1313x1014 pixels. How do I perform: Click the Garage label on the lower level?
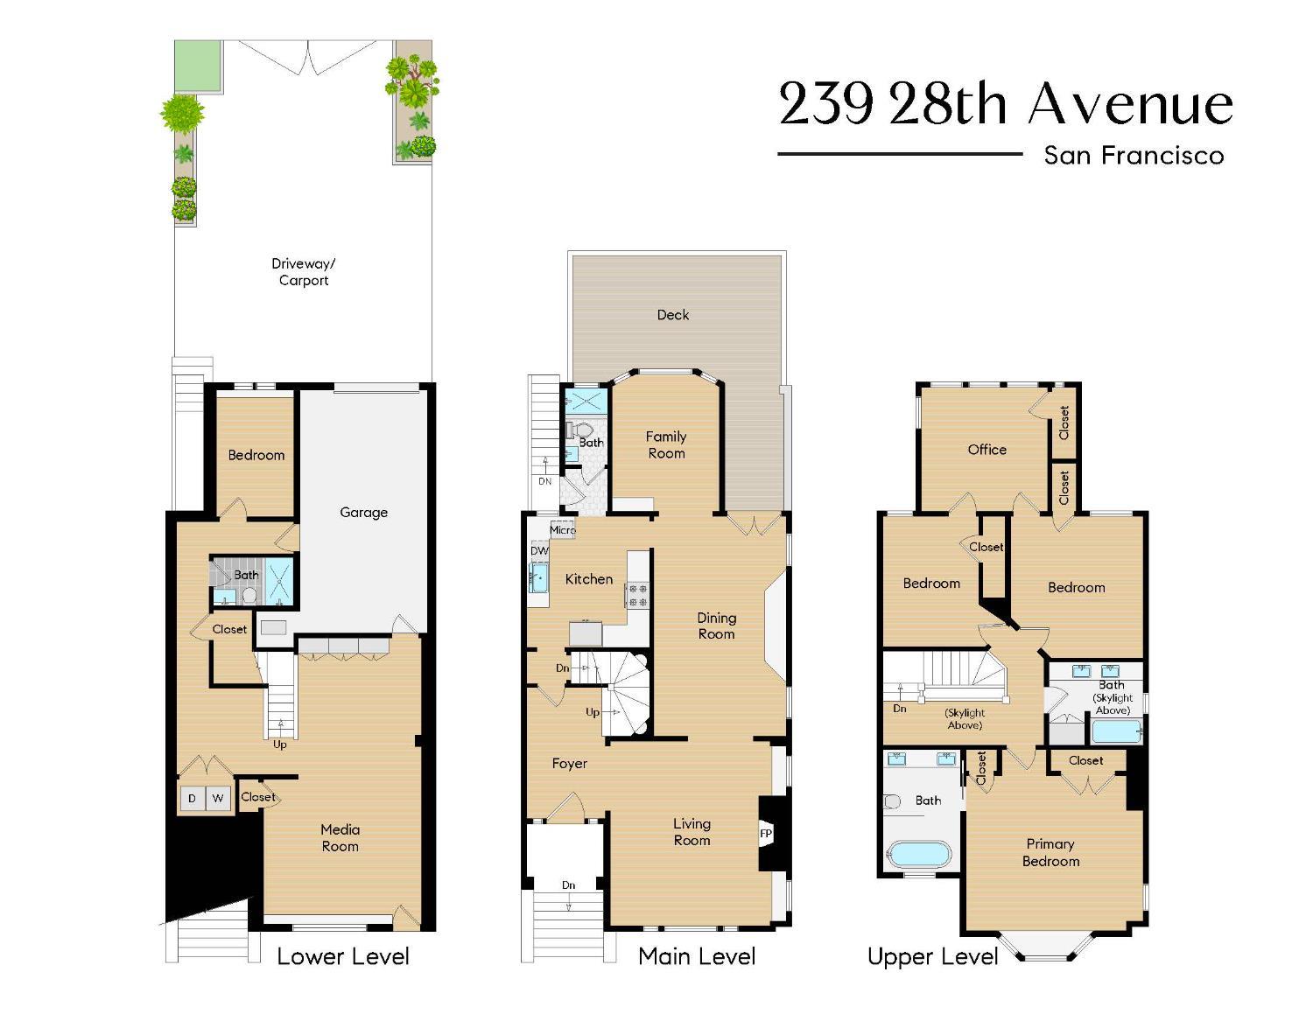[364, 512]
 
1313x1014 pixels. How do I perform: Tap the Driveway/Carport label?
[304, 272]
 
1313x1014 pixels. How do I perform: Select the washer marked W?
[218, 799]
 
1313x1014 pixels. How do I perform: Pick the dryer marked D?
[193, 799]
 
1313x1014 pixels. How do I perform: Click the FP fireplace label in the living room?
[766, 834]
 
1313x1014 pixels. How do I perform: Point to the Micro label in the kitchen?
[563, 529]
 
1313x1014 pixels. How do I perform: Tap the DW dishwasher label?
[539, 550]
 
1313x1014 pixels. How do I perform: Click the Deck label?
[673, 315]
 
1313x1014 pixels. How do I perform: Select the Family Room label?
[666, 444]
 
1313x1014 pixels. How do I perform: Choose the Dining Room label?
[717, 626]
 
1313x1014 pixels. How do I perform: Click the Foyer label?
[569, 764]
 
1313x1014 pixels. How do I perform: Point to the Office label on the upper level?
[987, 450]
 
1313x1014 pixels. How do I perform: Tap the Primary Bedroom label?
[1050, 853]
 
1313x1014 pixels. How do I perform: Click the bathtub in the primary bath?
[919, 854]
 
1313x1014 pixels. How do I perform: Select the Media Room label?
[341, 837]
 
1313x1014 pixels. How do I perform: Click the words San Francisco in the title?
[1134, 155]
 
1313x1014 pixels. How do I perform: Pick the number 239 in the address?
[826, 104]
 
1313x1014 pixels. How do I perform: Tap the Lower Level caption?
[342, 956]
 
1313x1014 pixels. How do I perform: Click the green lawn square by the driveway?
[197, 66]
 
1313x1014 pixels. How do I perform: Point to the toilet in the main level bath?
[580, 430]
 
